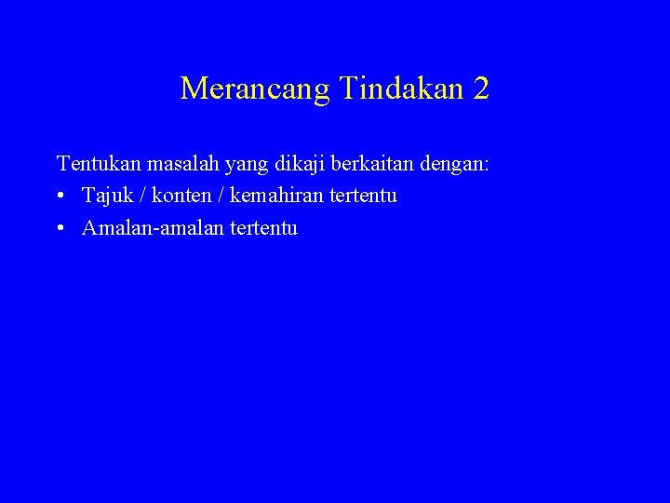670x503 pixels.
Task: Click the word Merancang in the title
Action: click(255, 89)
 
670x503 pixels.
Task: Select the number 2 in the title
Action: click(480, 88)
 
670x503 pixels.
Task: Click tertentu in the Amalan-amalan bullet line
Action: click(261, 227)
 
